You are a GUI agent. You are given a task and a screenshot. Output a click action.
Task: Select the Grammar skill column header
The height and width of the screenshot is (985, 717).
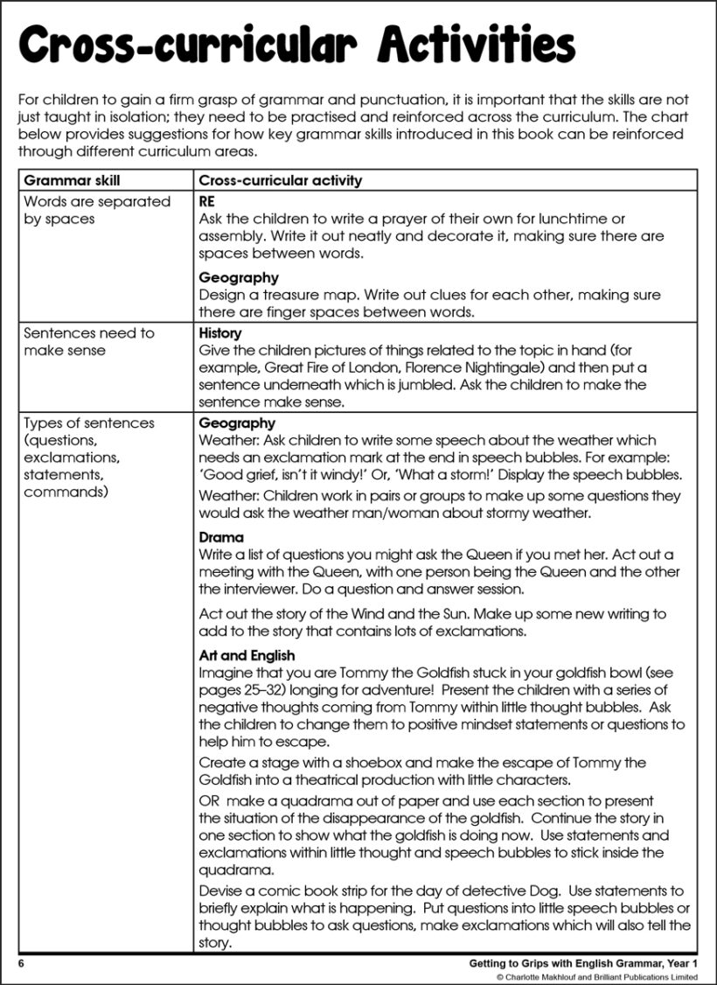pyautogui.click(x=72, y=181)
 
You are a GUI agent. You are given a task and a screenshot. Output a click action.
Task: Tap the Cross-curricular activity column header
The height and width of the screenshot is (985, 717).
pyautogui.click(x=280, y=181)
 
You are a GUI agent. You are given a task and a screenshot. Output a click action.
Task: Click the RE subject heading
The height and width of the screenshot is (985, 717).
pyautogui.click(x=207, y=201)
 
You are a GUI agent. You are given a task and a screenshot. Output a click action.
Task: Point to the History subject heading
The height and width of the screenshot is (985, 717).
pyautogui.click(x=220, y=333)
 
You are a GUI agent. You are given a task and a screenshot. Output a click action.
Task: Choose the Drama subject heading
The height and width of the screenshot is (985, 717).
pyautogui.click(x=221, y=537)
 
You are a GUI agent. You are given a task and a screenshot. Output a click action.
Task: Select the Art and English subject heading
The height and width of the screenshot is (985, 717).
pyautogui.click(x=247, y=655)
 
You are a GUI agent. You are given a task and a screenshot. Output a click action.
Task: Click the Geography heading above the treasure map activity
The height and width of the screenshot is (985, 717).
pyautogui.click(x=239, y=278)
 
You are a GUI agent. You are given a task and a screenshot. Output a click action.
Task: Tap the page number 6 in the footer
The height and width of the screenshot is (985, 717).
pyautogui.click(x=19, y=963)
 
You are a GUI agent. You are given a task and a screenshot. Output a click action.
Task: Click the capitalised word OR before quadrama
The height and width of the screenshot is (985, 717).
pyautogui.click(x=210, y=801)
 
